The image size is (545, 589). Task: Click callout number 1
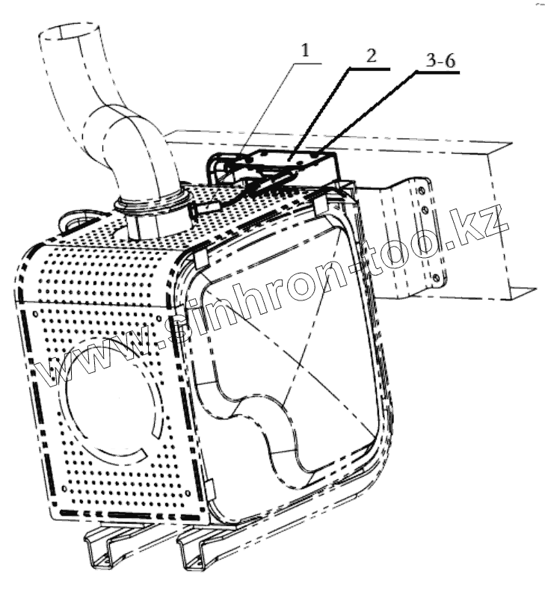pyautogui.click(x=305, y=51)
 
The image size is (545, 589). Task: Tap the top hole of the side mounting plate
pyautogui.click(x=422, y=191)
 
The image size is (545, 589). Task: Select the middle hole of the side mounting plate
pyautogui.click(x=427, y=212)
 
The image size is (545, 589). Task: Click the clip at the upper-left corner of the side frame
pyautogui.click(x=200, y=258)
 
